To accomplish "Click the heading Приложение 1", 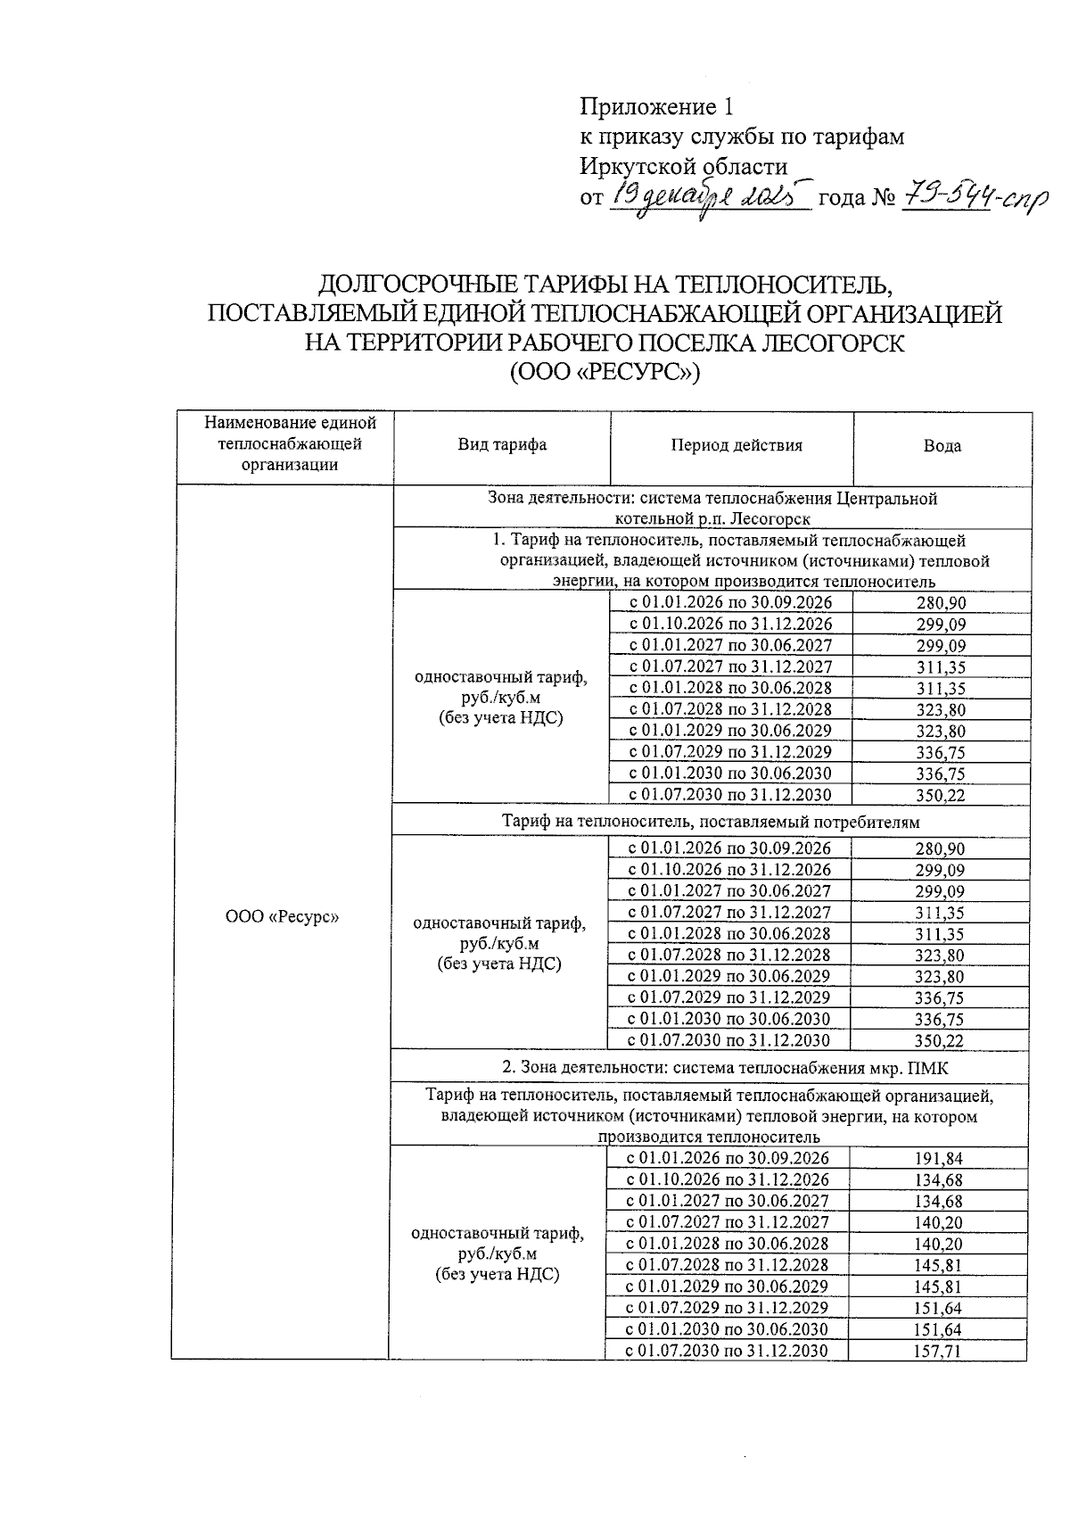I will (x=656, y=108).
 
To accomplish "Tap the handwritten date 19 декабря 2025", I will (x=709, y=196).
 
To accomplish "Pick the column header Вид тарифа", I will (x=502, y=445).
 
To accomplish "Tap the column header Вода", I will (x=942, y=446).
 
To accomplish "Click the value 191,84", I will (x=939, y=1159).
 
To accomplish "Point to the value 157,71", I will (x=939, y=1352).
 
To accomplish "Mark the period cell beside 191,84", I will (x=728, y=1158).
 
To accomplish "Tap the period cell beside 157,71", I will (x=728, y=1351).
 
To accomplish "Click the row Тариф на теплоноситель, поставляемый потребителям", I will (x=711, y=821).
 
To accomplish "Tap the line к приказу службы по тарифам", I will (x=742, y=137).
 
